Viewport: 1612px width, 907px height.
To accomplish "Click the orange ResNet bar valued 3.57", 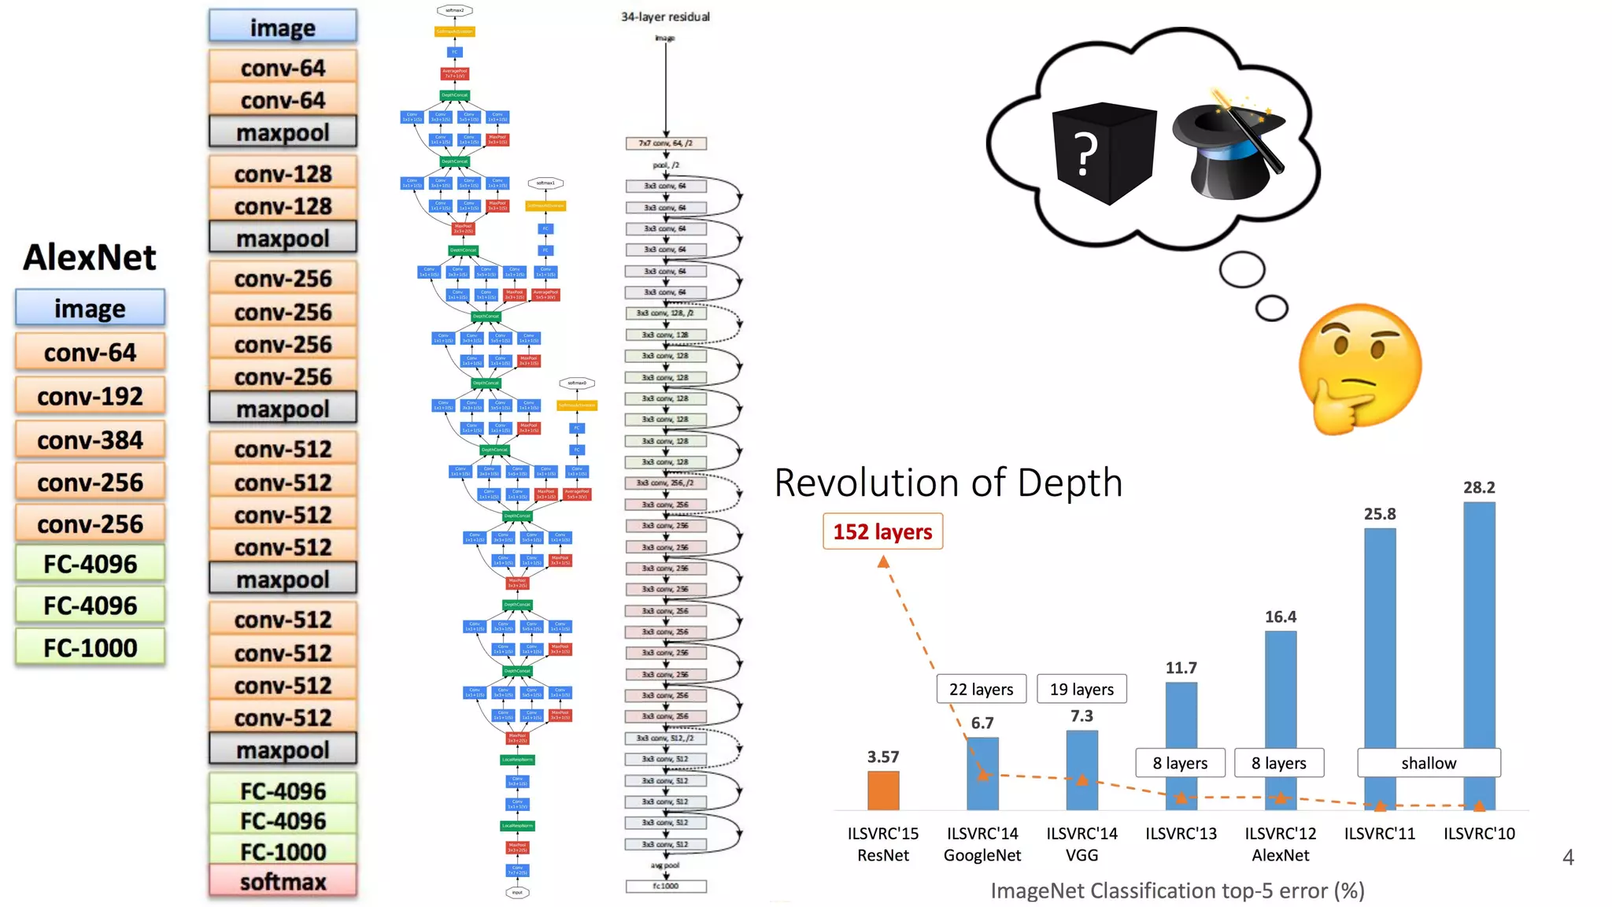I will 882,790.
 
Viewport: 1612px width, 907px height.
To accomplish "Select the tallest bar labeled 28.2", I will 1478,653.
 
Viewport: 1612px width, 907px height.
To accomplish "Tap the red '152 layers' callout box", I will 882,531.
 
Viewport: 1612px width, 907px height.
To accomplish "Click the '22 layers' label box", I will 981,689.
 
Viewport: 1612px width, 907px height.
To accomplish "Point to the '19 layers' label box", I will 1081,689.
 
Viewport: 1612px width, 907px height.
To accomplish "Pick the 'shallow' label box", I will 1428,762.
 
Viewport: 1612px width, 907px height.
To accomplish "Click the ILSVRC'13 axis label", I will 1181,833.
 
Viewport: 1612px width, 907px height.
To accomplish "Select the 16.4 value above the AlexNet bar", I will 1280,616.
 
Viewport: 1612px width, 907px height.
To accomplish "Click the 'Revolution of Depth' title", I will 948,483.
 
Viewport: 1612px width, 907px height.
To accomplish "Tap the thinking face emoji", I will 1360,368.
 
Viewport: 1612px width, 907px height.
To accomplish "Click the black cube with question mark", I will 1104,153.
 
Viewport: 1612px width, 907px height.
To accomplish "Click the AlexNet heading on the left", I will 90,257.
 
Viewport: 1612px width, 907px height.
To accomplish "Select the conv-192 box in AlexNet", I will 90,396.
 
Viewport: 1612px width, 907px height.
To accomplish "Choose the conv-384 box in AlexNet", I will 90,440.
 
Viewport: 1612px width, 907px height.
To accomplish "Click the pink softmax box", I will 283,882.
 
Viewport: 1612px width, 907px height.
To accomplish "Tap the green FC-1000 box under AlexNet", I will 90,648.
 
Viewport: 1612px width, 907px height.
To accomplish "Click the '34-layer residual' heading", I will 665,17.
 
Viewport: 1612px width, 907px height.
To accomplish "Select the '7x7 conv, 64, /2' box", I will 666,143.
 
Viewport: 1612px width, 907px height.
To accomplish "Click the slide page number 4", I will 1568,857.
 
